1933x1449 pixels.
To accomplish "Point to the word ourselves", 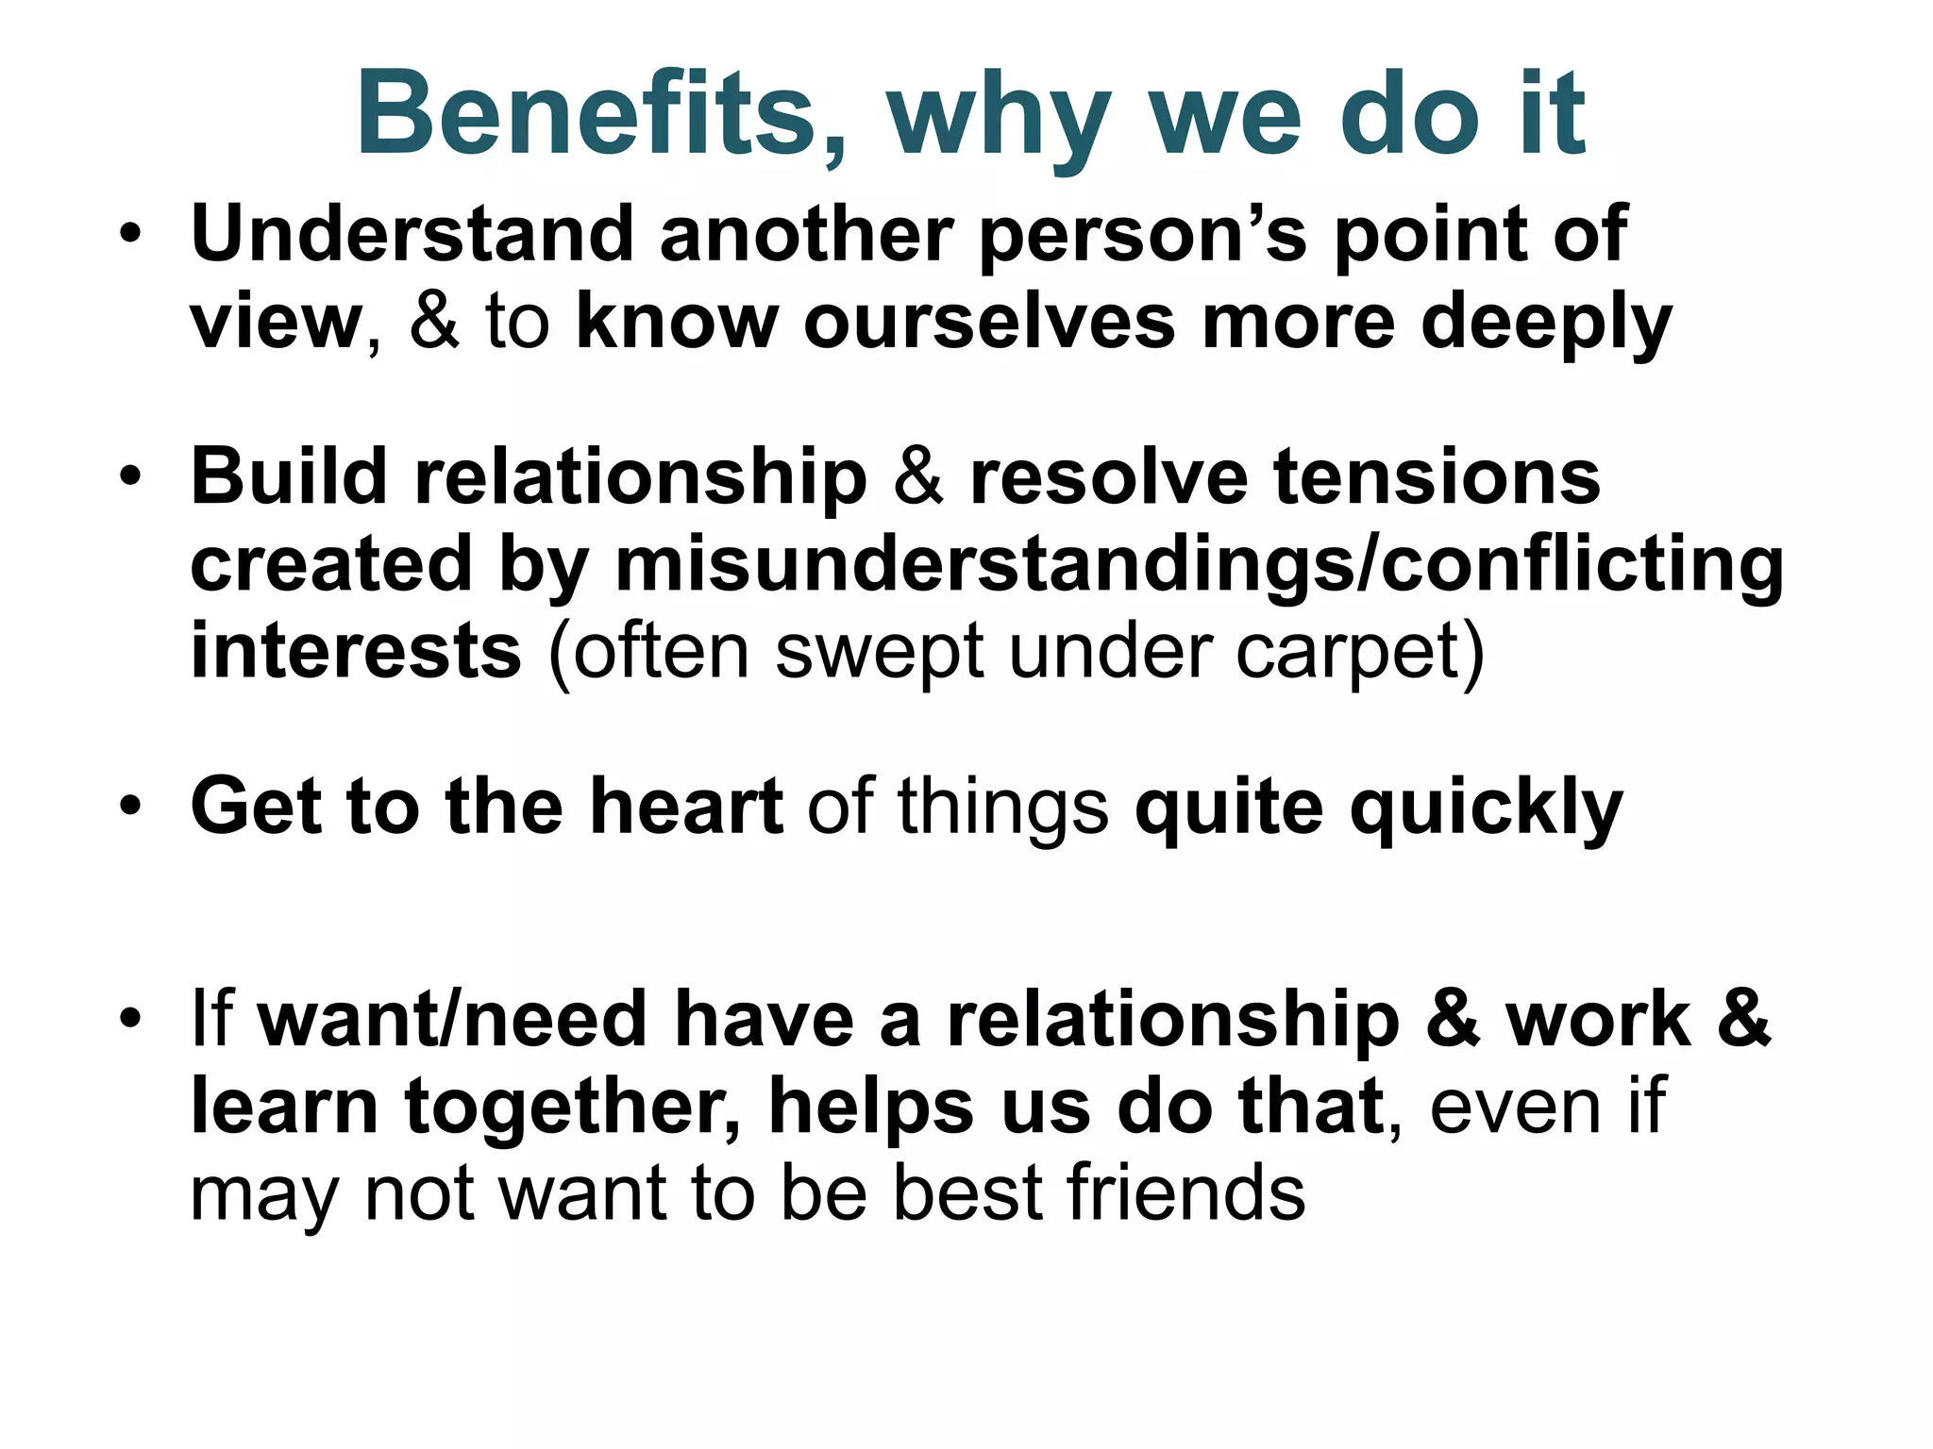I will [988, 323].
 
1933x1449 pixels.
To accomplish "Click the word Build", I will [289, 476].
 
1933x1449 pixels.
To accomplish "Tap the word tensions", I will [1437, 477].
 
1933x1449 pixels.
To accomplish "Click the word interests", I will [356, 652].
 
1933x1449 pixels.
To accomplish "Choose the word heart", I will [686, 808].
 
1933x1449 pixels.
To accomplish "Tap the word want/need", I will [452, 1020].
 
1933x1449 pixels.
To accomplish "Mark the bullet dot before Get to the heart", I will [131, 808].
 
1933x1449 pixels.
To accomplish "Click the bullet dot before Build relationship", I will [131, 477].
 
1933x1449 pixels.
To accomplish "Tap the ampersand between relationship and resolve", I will [917, 477].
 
